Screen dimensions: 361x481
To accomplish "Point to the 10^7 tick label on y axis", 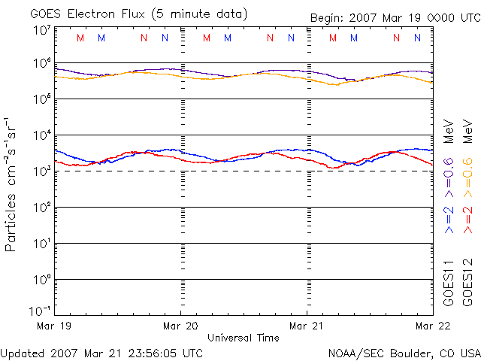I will coord(41,31).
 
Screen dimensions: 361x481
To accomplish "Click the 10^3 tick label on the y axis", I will coord(41,171).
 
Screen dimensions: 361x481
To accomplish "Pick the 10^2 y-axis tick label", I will coord(41,208).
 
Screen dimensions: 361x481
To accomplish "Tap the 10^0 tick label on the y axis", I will coord(41,280).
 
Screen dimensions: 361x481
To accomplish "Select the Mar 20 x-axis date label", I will coord(180,326).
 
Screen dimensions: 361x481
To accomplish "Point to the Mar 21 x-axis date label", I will coord(307,326).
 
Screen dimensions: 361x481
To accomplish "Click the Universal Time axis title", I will coord(244,338).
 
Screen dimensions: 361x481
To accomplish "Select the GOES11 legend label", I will coord(449,283).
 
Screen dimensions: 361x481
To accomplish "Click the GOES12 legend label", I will coord(467,283).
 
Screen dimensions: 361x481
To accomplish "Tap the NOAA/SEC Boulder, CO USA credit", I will coord(404,352).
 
